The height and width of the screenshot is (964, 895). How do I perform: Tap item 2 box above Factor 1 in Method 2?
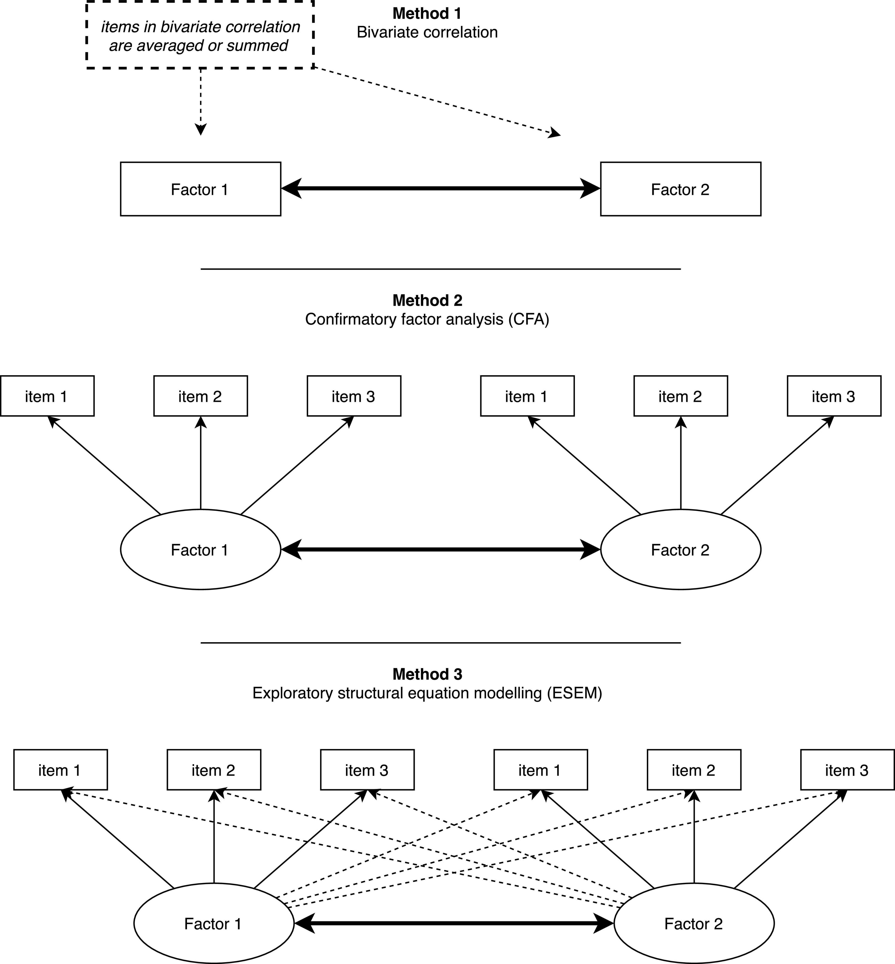200,396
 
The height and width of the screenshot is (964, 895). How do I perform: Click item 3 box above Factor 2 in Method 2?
834,396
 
